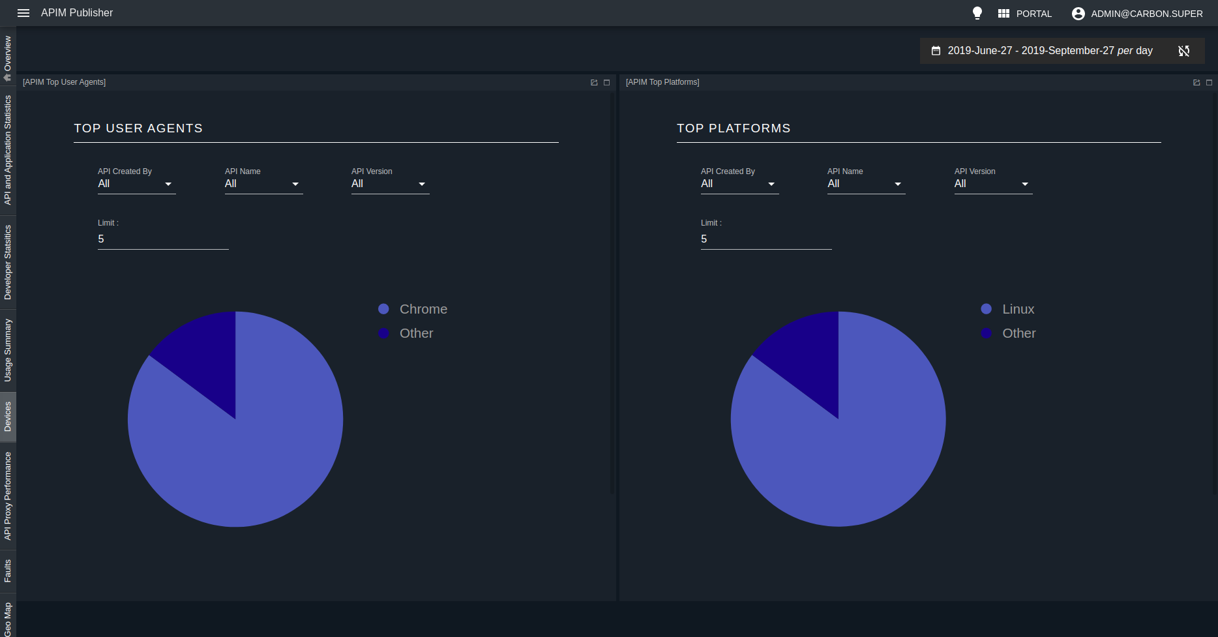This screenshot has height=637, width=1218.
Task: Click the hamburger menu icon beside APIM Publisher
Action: [23, 13]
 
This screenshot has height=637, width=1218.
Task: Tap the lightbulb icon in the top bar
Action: [977, 13]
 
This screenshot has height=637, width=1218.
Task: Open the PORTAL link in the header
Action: [1025, 14]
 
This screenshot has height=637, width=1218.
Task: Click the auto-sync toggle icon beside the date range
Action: [1184, 51]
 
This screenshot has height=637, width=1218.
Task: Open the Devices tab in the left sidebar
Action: [8, 417]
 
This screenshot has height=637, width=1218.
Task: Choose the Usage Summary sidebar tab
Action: [8, 350]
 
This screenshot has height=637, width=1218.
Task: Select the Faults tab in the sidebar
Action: [8, 570]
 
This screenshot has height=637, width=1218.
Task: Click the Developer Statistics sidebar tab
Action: [8, 262]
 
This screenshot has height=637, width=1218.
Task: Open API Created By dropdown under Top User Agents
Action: [136, 184]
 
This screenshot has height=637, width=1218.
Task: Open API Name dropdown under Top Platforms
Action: [866, 184]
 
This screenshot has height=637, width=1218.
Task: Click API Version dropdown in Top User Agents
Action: [390, 184]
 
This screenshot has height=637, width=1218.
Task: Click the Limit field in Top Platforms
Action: [765, 239]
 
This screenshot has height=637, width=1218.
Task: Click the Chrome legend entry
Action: [423, 309]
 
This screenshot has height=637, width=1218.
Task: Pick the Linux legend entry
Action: [1018, 309]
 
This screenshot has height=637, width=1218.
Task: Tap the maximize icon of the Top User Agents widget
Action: [606, 83]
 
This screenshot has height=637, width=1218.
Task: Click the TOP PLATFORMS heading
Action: [733, 128]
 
